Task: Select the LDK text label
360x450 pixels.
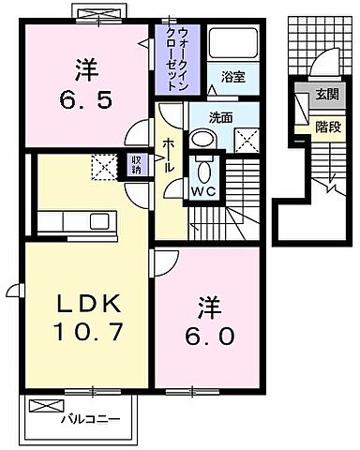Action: click(x=80, y=306)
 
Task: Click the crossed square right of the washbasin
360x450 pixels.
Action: click(x=245, y=142)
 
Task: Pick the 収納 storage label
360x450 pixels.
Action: click(x=136, y=165)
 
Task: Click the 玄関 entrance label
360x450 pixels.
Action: click(x=327, y=93)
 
